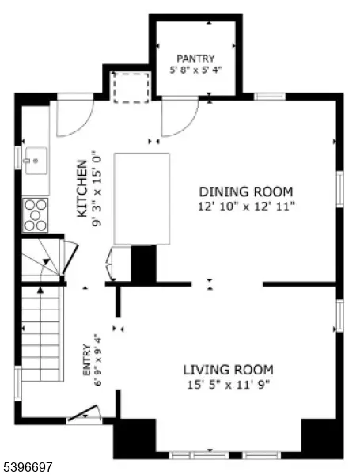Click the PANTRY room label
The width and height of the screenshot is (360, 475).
tap(195, 58)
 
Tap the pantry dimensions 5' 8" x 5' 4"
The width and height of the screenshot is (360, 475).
tap(195, 70)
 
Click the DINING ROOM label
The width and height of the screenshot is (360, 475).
tap(245, 192)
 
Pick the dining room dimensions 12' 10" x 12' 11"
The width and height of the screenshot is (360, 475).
tap(245, 206)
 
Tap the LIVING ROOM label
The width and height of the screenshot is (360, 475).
tap(228, 370)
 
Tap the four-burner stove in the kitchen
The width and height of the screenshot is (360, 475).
tap(36, 213)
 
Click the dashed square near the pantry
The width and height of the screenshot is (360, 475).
tap(131, 87)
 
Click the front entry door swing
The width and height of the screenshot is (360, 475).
tap(85, 414)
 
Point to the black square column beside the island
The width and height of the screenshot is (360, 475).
tap(143, 264)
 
